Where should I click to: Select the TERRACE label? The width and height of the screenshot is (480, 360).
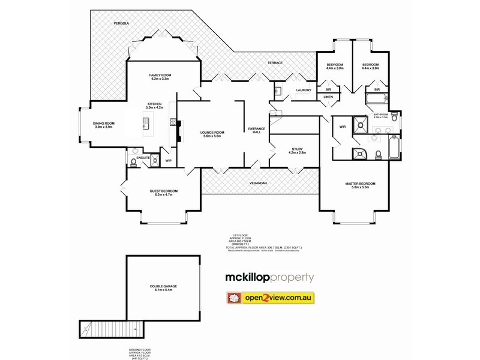click(x=274, y=63)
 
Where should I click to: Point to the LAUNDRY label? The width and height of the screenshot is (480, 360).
click(x=303, y=90)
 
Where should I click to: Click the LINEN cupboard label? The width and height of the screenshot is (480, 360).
click(x=328, y=97)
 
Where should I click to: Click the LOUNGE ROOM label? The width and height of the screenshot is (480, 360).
click(x=212, y=134)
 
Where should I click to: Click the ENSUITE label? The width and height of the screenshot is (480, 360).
click(x=142, y=158)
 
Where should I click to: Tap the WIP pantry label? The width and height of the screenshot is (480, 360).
click(x=169, y=161)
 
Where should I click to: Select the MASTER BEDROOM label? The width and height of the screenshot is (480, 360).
click(x=360, y=185)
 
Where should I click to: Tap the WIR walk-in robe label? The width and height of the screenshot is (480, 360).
click(x=343, y=127)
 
